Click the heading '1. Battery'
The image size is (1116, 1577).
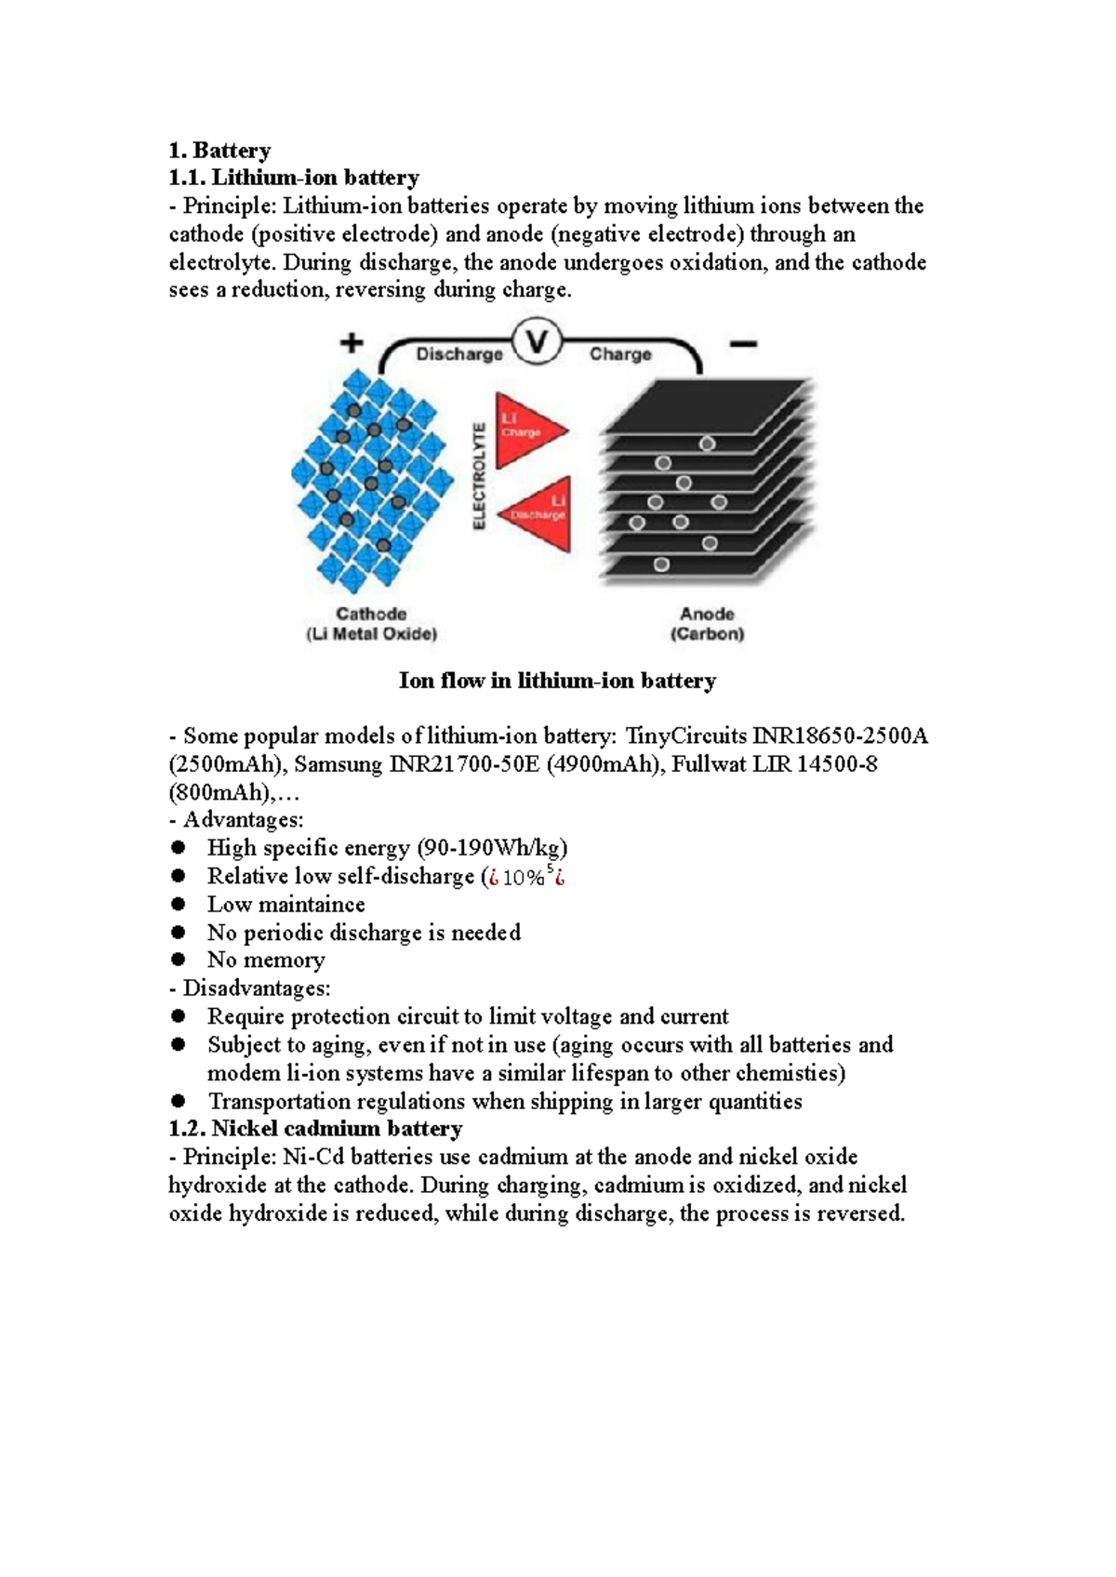[x=219, y=151]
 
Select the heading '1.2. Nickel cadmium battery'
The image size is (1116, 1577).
[x=315, y=1129]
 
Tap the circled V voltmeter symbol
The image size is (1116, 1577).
[x=538, y=343]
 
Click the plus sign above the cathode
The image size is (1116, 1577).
[x=352, y=343]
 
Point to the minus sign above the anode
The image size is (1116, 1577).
[x=743, y=344]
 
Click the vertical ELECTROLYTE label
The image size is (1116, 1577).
[x=480, y=476]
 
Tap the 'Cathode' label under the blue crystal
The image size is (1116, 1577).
[x=371, y=613]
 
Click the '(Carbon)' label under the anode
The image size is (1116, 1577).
[x=708, y=633]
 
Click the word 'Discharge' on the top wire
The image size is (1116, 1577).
[x=459, y=353]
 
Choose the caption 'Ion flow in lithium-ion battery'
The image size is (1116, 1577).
[x=558, y=681]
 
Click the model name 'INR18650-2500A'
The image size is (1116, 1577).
[x=840, y=736]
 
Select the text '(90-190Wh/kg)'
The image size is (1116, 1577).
[x=492, y=848]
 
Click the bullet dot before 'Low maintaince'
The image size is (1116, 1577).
[x=179, y=904]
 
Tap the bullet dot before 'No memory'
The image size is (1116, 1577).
[x=179, y=960]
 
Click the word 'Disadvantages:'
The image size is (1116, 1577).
[x=257, y=988]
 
